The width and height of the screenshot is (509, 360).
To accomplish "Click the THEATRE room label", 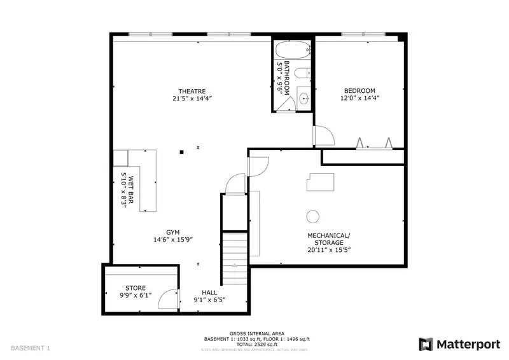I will [192, 90].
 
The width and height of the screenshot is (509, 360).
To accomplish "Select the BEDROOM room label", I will [359, 90].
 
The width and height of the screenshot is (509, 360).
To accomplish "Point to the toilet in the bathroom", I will [304, 73].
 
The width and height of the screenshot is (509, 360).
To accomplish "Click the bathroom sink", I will [303, 99].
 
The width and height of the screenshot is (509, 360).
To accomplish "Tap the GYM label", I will [173, 232].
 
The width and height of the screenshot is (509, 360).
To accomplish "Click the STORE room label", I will [135, 288].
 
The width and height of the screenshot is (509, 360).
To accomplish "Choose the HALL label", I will [209, 292].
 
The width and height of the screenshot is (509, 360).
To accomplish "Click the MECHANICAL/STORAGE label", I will [329, 239].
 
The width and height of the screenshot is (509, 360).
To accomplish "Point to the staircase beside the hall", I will [234, 259].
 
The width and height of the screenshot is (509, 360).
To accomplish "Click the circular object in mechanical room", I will [312, 216].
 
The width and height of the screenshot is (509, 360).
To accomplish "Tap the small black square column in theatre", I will [182, 152].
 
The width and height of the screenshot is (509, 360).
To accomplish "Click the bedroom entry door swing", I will [323, 135].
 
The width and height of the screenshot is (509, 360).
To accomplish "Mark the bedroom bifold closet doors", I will [373, 144].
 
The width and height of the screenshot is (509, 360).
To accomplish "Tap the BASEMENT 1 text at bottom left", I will [30, 348].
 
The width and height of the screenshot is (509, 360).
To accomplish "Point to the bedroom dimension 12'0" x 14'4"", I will [359, 99].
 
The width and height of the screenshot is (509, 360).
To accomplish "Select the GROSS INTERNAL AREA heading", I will [257, 334].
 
